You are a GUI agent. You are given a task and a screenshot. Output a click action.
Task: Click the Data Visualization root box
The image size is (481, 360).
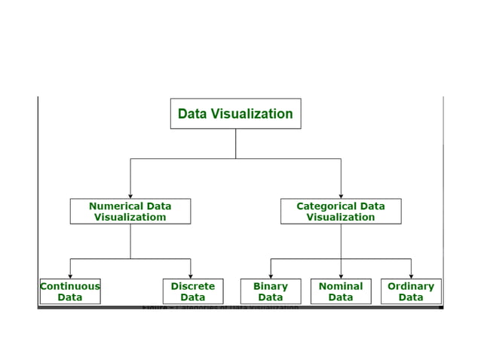click(x=235, y=114)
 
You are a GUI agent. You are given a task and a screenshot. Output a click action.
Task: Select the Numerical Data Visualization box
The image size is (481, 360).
click(x=130, y=212)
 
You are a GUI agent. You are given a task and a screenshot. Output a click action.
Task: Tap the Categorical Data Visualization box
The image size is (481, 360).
click(x=341, y=212)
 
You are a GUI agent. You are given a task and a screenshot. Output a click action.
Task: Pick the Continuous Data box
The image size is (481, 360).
click(x=69, y=291)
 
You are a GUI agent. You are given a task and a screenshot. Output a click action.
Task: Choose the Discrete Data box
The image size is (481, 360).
click(x=192, y=291)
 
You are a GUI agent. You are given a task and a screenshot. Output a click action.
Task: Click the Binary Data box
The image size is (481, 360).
click(x=271, y=291)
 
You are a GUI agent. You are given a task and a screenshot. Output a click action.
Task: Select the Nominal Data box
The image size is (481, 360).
click(x=341, y=291)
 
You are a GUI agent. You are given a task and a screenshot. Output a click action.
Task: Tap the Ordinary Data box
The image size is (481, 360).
click(x=411, y=291)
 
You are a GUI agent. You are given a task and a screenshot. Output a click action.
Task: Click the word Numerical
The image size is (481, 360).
click(x=115, y=206)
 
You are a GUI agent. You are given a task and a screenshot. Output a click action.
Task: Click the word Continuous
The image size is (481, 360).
click(x=69, y=286)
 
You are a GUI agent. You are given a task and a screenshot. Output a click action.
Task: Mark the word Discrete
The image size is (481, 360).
click(x=192, y=286)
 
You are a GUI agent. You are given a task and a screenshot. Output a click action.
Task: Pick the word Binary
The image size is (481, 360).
click(x=271, y=286)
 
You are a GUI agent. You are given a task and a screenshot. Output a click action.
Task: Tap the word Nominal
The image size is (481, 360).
click(x=341, y=286)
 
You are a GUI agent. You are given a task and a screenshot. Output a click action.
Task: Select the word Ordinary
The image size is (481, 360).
click(x=411, y=286)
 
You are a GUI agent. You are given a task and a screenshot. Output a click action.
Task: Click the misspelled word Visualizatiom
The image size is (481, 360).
click(x=130, y=218)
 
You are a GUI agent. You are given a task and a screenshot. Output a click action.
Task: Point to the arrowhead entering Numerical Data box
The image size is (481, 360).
click(x=130, y=196)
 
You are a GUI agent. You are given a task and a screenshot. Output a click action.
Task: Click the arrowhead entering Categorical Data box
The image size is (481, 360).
click(x=341, y=196)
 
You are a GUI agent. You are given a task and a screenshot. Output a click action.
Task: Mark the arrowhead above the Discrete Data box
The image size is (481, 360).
click(x=191, y=276)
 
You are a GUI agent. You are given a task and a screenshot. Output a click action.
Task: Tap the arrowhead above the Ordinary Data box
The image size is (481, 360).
click(x=411, y=276)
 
